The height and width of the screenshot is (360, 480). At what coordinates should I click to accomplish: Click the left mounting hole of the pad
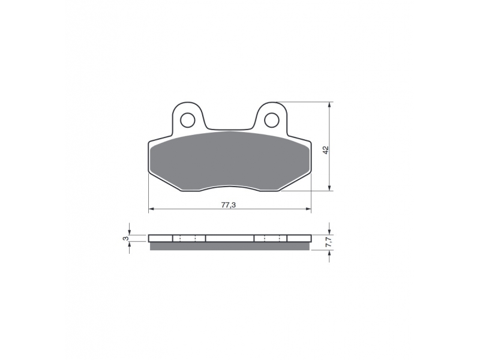(188, 121)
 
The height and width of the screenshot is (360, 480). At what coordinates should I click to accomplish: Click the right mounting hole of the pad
(271, 121)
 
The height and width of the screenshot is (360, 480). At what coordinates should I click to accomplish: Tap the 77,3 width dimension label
(229, 205)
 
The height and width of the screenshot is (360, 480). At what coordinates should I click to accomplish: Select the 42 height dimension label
(326, 150)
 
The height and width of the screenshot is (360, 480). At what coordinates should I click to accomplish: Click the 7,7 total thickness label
(328, 242)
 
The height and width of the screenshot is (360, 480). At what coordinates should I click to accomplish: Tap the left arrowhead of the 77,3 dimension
(151, 209)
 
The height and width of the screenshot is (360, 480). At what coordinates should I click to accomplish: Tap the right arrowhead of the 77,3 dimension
(308, 209)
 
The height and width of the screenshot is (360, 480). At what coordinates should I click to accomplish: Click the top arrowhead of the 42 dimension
(329, 104)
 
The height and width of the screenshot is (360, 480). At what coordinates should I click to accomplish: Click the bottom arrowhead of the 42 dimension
(329, 188)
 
